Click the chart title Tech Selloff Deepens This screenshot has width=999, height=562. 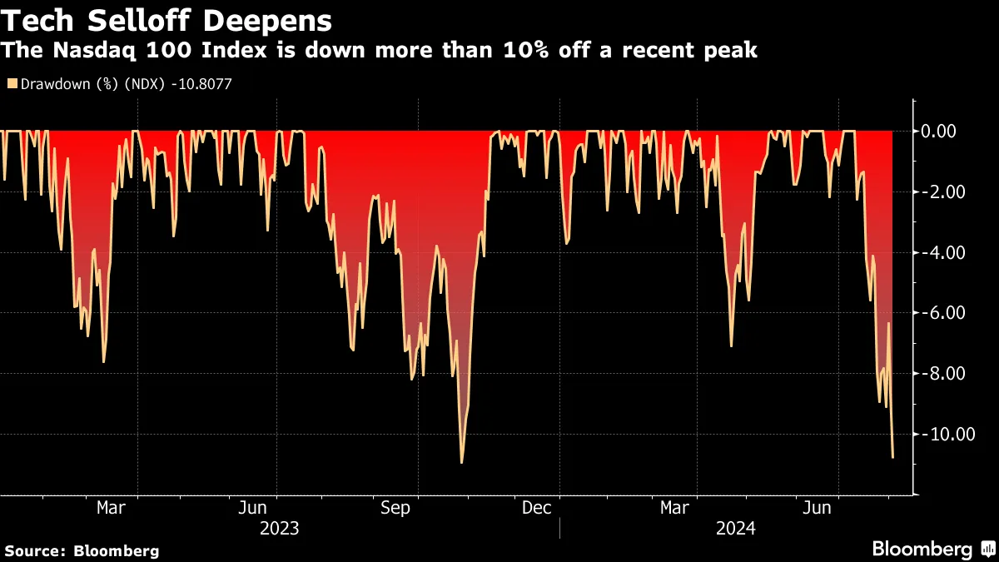click(x=166, y=20)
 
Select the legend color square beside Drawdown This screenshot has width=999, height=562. click(x=11, y=83)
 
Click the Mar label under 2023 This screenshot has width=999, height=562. click(x=112, y=508)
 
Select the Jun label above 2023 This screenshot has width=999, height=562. click(x=252, y=508)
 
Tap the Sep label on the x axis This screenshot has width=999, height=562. click(x=395, y=508)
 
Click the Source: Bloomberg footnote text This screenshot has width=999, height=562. click(x=82, y=550)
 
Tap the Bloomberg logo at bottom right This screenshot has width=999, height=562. click(x=932, y=549)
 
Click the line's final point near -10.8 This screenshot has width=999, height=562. click(x=893, y=457)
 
